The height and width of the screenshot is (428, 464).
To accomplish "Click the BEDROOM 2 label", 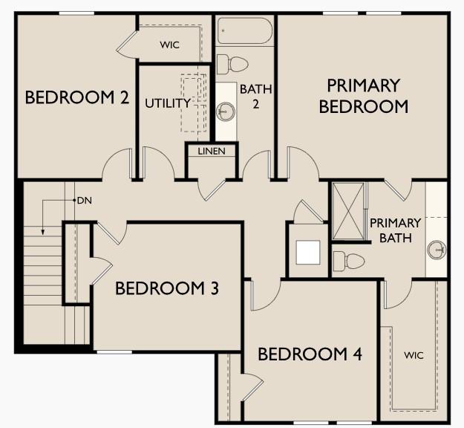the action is (77, 97).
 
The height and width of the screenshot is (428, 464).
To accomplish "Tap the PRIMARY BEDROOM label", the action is (364, 96).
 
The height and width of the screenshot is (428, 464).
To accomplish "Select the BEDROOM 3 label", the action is (167, 288).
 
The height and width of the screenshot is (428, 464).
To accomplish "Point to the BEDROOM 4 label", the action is (310, 354).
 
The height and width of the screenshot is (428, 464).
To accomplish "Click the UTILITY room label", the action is (168, 103).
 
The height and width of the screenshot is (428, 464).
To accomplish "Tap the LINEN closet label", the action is (212, 152).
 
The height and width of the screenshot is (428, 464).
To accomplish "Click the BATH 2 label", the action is (255, 97).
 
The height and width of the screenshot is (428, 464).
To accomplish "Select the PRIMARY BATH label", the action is (396, 230).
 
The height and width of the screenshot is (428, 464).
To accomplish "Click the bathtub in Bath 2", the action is (245, 30).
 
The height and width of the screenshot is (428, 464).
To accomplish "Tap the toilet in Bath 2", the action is (232, 64).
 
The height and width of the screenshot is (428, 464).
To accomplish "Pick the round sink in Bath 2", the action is (226, 111).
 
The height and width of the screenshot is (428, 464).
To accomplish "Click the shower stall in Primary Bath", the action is (348, 211).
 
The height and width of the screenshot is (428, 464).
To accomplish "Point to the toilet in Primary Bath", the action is (349, 262).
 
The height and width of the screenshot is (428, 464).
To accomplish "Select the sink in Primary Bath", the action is (437, 250).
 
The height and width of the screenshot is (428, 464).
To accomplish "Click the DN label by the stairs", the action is (85, 201).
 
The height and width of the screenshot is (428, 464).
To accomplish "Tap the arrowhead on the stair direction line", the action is (43, 233).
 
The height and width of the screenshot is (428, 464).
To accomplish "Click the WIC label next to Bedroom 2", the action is (169, 45).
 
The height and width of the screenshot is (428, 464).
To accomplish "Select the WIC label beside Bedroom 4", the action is (414, 355).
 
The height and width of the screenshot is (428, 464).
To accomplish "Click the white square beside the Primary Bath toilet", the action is (308, 253).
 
